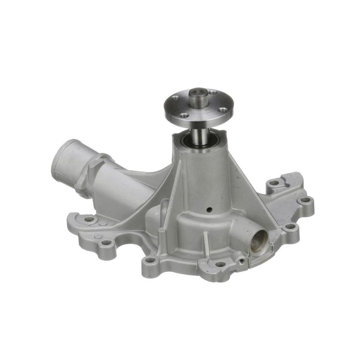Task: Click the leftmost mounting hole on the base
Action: click(89, 219)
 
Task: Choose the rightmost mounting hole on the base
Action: click(305, 199)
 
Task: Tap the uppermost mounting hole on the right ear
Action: click(274, 183)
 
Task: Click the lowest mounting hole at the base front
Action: click(220, 264)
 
